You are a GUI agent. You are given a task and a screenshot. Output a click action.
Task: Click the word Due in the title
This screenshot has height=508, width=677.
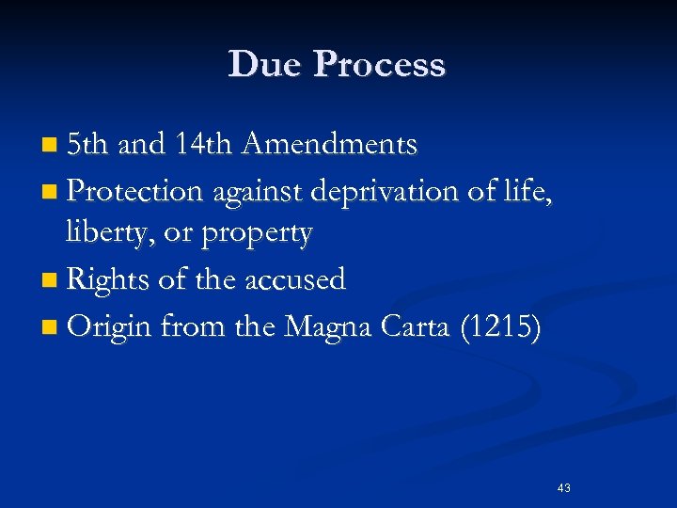point(263,64)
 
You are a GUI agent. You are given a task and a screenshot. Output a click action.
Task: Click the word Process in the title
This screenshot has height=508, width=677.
point(380,64)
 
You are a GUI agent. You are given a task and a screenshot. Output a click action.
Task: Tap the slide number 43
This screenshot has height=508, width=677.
point(564,487)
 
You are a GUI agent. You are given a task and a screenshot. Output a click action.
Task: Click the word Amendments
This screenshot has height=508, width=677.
point(329,145)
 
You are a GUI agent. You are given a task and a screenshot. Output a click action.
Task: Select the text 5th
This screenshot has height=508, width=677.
point(89,145)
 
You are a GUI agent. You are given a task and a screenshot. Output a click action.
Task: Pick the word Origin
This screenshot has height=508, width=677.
point(110,327)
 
